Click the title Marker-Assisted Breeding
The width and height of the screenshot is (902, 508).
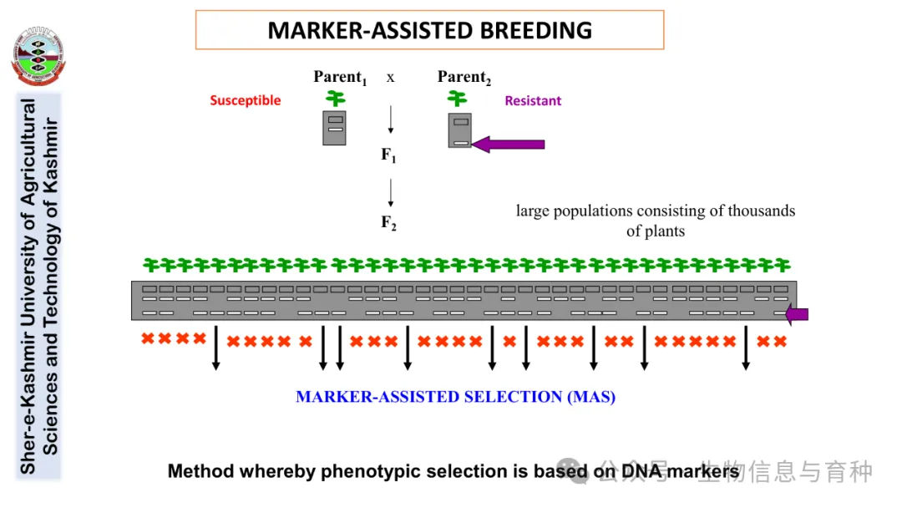point(429,31)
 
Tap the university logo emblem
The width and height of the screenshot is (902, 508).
point(38,57)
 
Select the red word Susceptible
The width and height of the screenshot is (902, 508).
point(246,101)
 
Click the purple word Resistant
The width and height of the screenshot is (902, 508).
point(533,101)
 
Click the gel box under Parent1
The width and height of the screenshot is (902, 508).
point(334,128)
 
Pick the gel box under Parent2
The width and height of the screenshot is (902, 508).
point(459,130)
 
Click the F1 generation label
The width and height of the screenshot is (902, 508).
point(388,155)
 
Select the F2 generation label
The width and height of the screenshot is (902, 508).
point(388,222)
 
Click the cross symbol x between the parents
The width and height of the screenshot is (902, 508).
point(390,78)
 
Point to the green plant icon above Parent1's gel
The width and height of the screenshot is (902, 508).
point(335,99)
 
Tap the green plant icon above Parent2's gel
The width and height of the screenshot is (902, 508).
point(457,99)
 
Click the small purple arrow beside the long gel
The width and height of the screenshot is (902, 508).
point(798,314)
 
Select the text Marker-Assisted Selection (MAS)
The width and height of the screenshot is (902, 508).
point(455,397)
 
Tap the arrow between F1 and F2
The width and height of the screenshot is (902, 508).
point(390,193)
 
